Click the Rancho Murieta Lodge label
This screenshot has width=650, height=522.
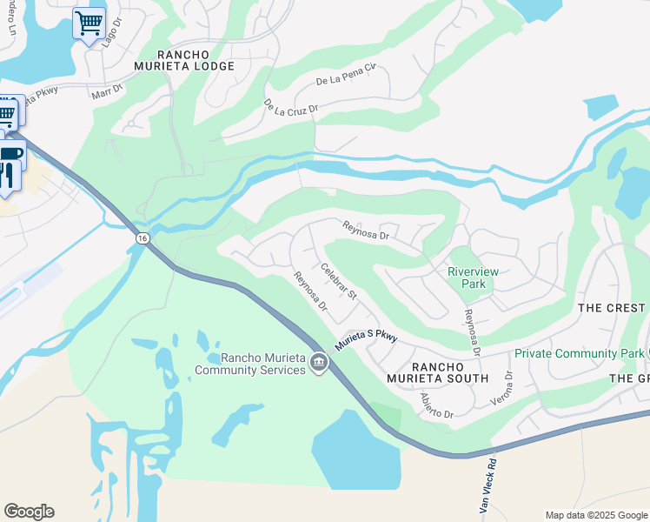click(x=183, y=59)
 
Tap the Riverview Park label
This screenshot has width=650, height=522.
click(x=473, y=278)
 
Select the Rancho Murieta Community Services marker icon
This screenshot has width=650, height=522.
click(x=319, y=362)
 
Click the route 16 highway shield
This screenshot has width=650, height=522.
click(x=142, y=238)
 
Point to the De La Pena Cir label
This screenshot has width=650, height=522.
click(x=345, y=75)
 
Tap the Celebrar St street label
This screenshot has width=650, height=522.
click(x=339, y=282)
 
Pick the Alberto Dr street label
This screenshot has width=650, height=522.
click(x=437, y=406)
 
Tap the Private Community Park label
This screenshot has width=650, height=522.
click(x=578, y=353)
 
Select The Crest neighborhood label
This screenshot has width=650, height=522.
click(x=612, y=308)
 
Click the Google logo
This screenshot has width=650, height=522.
click(x=29, y=512)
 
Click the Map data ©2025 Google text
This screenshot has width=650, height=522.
click(x=595, y=515)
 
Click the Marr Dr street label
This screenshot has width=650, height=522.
click(x=108, y=90)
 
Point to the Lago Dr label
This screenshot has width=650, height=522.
click(x=108, y=37)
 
